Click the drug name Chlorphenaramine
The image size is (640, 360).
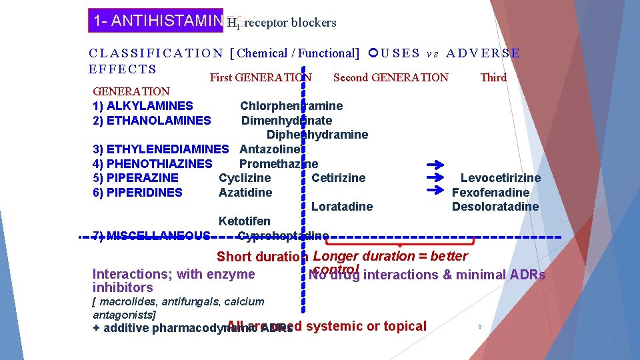tap(291, 106)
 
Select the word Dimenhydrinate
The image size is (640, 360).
tap(287, 121)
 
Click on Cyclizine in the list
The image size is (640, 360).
tap(245, 178)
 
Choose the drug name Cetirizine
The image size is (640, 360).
tap(339, 178)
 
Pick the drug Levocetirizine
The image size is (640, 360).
tap(501, 178)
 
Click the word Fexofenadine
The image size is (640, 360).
tap(491, 193)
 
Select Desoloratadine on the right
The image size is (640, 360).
tap(495, 207)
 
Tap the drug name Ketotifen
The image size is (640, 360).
tap(245, 221)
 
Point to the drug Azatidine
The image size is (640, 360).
tap(245, 193)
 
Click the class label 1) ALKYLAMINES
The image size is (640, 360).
tap(143, 106)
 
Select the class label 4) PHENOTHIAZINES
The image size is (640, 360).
tap(152, 164)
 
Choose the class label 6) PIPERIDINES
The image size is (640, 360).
tap(137, 193)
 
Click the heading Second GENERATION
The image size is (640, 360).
tap(391, 77)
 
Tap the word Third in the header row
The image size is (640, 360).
tap(493, 77)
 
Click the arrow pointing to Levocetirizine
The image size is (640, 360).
tap(434, 178)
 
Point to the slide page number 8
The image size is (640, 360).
tap(480, 326)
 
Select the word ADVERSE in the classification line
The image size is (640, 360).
tap(483, 53)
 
